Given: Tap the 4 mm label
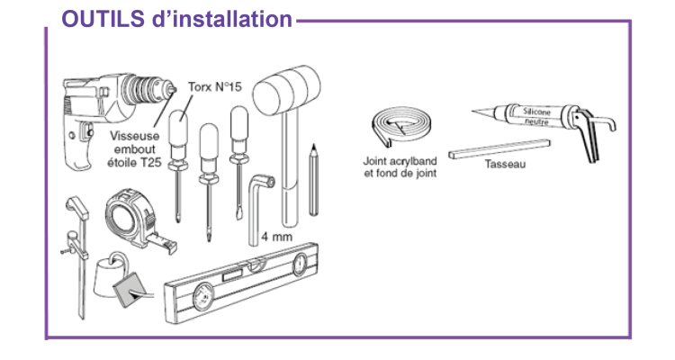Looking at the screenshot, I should point(276,238).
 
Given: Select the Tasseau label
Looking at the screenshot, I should point(504,166).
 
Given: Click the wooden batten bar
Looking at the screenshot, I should point(499,146).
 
